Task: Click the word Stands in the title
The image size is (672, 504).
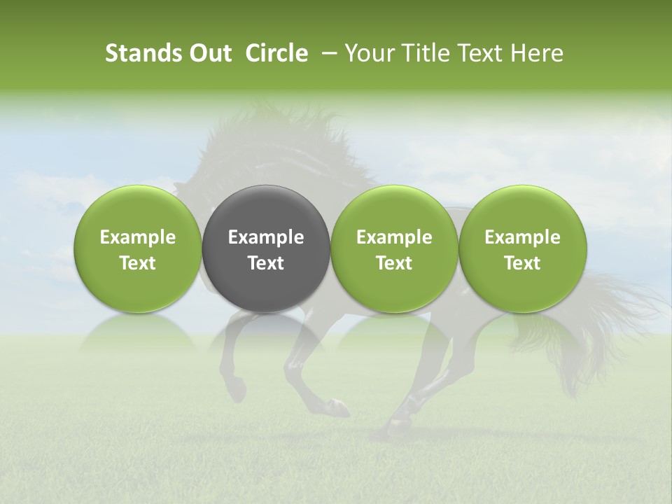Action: click(137, 53)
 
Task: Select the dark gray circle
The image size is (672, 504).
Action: click(266, 210)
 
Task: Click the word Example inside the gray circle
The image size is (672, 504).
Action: click(266, 237)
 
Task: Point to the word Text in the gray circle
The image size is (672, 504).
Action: click(266, 263)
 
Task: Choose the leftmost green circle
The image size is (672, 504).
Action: click(138, 210)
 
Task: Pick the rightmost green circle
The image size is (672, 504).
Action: click(523, 210)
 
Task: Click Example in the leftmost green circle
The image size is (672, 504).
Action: click(138, 237)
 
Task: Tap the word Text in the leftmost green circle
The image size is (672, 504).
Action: click(138, 263)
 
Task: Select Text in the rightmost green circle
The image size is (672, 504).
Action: click(523, 263)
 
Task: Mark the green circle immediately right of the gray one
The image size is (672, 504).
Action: click(394, 210)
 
